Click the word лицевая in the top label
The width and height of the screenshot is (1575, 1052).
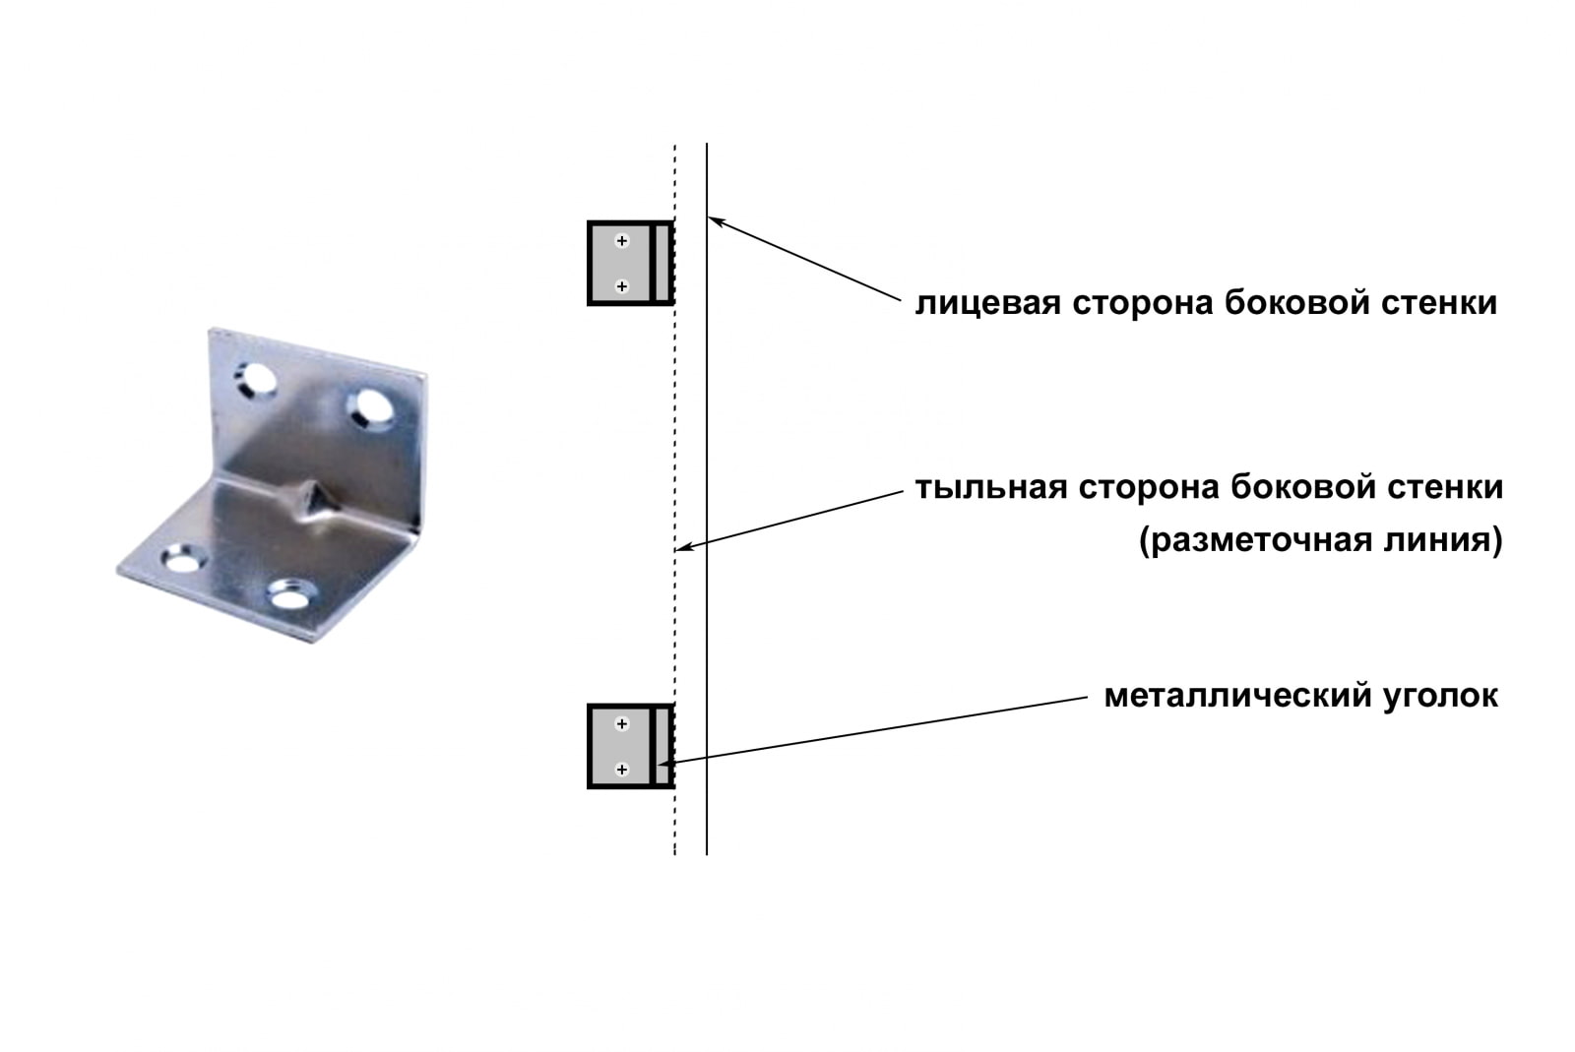[x=988, y=303]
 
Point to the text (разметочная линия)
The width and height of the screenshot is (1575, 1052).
[x=1321, y=541]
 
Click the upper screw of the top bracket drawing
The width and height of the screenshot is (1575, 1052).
[x=621, y=241]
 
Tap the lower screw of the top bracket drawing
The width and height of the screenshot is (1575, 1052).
[x=621, y=286]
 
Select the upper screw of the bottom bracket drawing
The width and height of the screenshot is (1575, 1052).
[x=621, y=724]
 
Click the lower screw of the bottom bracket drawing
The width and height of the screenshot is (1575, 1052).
[x=621, y=770]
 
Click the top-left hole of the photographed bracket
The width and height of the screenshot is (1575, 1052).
[x=255, y=380]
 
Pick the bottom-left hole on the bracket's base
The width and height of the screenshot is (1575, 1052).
[x=181, y=560]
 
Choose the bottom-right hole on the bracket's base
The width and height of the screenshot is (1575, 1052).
[x=289, y=596]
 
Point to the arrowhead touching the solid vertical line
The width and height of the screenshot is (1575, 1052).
[x=717, y=222]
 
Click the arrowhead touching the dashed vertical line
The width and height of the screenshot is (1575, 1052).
[x=685, y=547]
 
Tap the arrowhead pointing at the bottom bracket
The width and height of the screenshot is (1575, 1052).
[x=666, y=761]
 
